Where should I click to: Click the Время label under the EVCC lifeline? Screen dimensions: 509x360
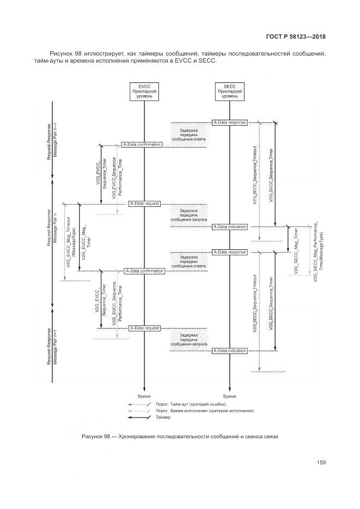[x=144, y=397]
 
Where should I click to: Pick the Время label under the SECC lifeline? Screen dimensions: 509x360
[x=229, y=397]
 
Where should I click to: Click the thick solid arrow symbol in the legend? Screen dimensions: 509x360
[x=139, y=418]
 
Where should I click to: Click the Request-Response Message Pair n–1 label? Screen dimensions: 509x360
[x=52, y=140]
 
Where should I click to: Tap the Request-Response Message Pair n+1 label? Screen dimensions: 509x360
[x=52, y=346]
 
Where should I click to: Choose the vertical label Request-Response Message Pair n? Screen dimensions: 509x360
[x=52, y=227]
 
